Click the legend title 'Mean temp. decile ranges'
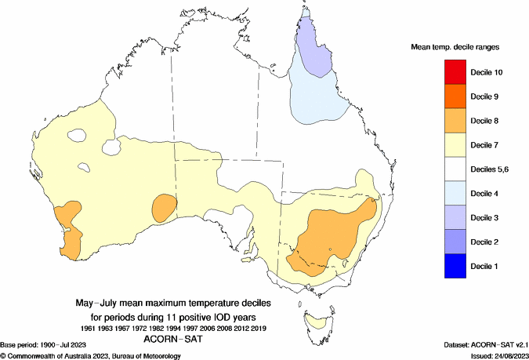tap(455, 47)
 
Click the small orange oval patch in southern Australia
tap(165, 207)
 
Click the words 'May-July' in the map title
tap(99, 302)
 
